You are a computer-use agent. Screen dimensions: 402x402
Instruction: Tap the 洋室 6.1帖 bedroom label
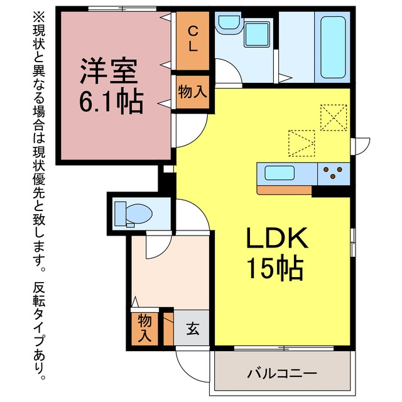[111, 85]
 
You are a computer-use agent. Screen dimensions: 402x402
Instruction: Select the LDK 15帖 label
[276, 253]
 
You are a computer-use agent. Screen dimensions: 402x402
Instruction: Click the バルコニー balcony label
[282, 374]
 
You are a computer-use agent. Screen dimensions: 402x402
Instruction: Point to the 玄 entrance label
[193, 329]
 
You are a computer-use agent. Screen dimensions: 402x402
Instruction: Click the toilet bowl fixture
[133, 214]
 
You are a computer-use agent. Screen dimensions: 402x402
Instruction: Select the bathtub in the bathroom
[333, 47]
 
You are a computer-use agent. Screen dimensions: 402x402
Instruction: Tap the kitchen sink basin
[280, 173]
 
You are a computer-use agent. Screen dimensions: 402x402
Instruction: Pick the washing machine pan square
[257, 35]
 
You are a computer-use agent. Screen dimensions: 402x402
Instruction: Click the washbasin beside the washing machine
[229, 23]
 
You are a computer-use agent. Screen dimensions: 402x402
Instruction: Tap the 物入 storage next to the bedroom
[193, 92]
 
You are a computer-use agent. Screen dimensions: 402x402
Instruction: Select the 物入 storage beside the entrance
[144, 329]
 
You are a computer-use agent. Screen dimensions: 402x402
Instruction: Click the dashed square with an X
[334, 117]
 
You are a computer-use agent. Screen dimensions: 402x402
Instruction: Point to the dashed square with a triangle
[301, 143]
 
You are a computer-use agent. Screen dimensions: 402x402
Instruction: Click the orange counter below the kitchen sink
[285, 190]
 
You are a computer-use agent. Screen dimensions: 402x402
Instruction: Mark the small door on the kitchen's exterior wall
[360, 146]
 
